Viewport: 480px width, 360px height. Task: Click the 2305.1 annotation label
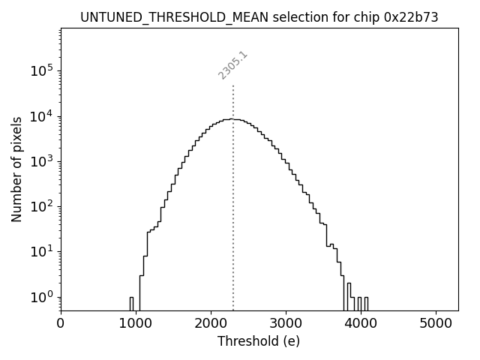point(233,65)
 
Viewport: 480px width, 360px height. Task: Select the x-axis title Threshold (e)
point(259,341)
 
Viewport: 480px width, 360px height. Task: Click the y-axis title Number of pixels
point(17,169)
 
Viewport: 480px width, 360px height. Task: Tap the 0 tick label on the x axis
point(61,323)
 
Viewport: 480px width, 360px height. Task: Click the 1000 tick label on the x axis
point(136,323)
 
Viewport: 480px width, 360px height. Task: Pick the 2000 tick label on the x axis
point(211,323)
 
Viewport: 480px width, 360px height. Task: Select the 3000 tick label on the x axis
point(286,323)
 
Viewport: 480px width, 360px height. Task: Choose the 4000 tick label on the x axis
point(361,323)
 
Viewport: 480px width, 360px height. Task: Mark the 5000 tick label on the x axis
point(436,323)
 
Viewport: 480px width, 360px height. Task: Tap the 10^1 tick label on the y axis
point(43,251)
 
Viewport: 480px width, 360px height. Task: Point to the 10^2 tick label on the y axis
point(43,206)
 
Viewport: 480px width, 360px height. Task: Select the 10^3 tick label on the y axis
point(43,161)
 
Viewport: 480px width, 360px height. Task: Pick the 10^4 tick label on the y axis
point(43,116)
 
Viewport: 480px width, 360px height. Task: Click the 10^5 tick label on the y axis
point(43,71)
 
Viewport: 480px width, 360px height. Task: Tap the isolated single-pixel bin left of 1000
point(131,302)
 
